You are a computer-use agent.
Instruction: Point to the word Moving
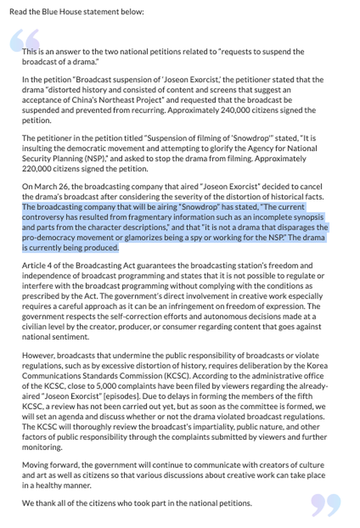[x=35, y=465]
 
